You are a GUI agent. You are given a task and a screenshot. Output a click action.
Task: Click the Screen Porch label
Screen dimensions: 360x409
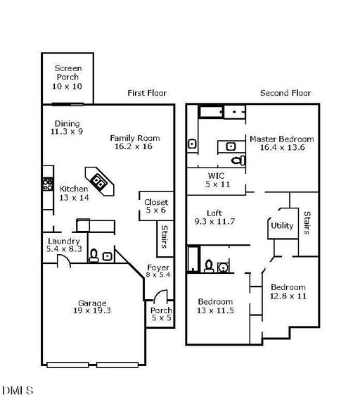coord(68,73)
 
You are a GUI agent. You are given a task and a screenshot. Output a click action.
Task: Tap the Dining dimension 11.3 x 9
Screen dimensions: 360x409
coord(67,131)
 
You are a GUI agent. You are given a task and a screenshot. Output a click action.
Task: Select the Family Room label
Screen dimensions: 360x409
coord(135,138)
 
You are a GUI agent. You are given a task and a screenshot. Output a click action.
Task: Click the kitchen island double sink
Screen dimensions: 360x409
coord(98,181)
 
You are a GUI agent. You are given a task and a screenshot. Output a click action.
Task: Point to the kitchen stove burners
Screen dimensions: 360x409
coord(49,184)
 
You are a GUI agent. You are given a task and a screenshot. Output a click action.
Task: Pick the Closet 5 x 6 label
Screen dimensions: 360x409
coord(156,206)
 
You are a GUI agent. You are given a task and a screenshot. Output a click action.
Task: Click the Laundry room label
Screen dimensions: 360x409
coord(64,241)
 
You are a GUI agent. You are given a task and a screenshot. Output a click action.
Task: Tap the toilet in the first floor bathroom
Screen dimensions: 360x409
coord(94,256)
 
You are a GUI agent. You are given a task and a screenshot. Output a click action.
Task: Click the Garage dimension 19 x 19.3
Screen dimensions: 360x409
coord(92,310)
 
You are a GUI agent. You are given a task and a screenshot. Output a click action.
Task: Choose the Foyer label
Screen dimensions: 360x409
coord(158,268)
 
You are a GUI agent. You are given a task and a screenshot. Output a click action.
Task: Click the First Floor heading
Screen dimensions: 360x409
coord(147,93)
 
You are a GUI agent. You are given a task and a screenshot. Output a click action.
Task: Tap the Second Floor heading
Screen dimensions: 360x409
coord(285,93)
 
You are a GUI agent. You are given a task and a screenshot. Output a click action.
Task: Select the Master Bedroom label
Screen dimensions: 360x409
coord(282,139)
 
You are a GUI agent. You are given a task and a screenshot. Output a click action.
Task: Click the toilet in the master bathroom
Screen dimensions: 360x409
coord(238,161)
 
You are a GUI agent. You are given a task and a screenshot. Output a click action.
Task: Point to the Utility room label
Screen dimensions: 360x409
coord(282,226)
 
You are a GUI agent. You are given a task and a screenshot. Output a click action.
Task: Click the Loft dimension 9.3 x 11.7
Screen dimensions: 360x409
coord(214,222)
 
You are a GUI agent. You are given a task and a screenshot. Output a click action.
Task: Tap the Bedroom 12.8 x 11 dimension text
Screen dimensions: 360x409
coord(288,296)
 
